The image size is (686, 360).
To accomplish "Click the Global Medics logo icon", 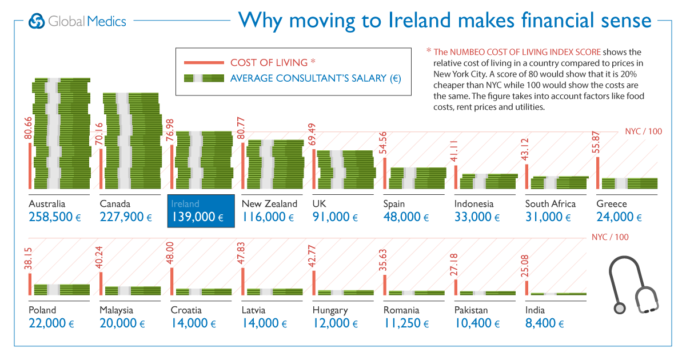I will pyautogui.click(x=37, y=21).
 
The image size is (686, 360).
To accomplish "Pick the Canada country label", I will pyautogui.click(x=115, y=203).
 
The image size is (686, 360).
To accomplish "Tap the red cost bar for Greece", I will pyautogui.click(x=598, y=172).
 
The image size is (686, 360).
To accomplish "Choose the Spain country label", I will pyautogui.click(x=394, y=203).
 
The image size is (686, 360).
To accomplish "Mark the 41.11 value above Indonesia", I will pyautogui.click(x=455, y=151).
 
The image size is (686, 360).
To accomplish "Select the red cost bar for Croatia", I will pyautogui.click(x=171, y=281).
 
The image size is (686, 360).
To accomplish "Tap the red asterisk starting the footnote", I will pyautogui.click(x=429, y=50).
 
